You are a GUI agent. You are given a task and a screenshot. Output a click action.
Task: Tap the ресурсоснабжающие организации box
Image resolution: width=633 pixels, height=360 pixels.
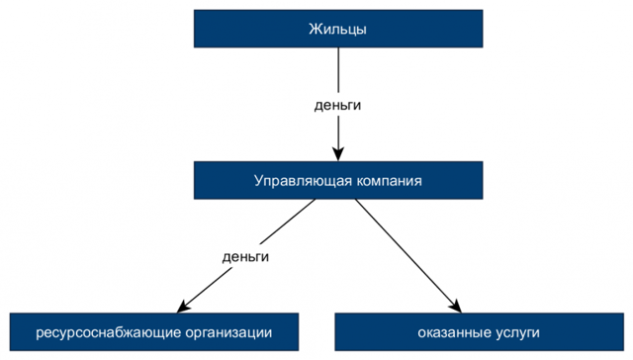(153, 331)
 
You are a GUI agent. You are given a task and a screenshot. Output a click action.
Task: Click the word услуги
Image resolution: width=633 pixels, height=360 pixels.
(517, 331)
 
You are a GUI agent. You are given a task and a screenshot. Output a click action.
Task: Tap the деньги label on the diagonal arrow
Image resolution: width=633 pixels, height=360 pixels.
(245, 256)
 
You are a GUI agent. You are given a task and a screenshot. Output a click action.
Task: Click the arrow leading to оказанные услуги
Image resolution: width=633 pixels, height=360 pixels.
(406, 253)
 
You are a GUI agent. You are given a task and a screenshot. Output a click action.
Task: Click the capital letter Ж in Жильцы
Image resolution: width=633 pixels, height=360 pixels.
(315, 30)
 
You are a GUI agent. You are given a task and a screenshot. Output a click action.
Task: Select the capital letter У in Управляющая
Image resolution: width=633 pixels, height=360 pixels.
(258, 181)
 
